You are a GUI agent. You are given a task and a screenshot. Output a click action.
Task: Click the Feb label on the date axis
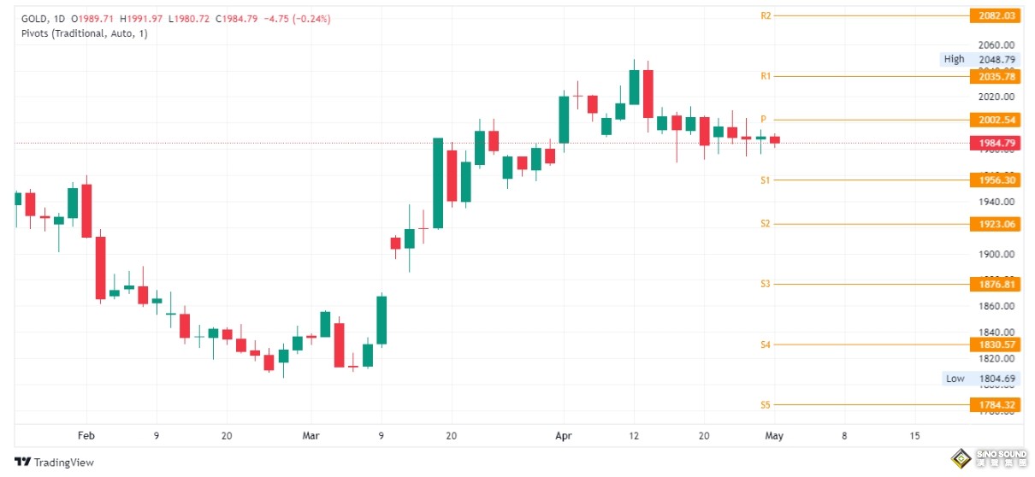86,435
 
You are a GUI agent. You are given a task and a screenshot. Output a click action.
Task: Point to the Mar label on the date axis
311,435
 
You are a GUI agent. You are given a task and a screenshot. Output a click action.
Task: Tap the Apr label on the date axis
563,435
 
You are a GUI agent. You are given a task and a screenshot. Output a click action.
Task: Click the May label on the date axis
773,435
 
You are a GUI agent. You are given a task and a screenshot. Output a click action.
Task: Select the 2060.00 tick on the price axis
996,44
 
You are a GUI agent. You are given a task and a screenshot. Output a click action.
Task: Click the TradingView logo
55,462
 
